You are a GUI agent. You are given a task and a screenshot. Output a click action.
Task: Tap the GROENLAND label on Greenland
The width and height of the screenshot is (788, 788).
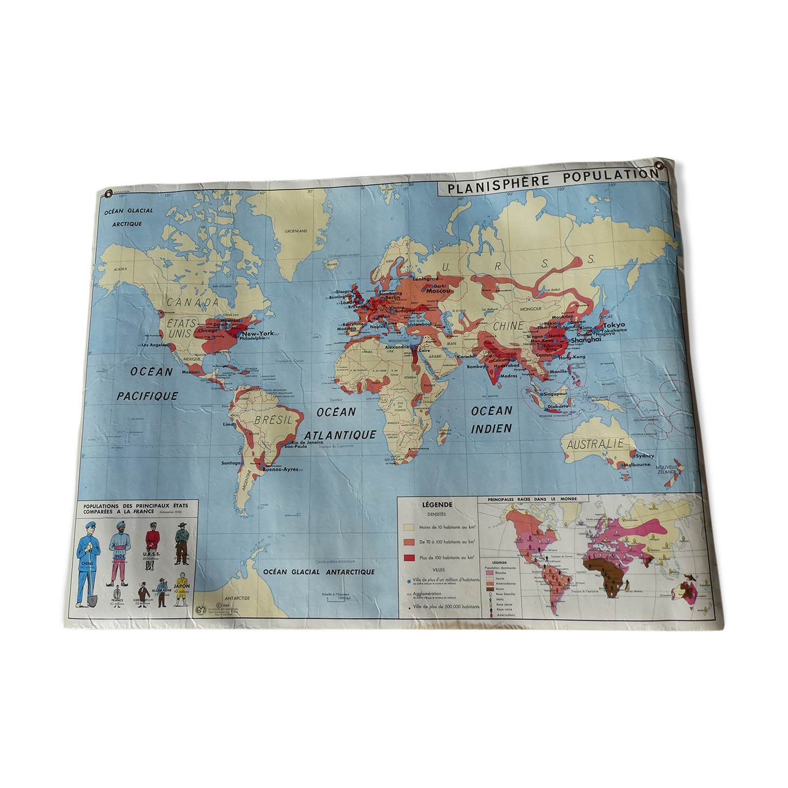[296, 231]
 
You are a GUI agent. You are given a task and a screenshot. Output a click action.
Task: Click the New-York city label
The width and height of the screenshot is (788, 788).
[258, 333]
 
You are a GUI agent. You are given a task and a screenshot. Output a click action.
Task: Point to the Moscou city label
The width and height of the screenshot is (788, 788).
[438, 291]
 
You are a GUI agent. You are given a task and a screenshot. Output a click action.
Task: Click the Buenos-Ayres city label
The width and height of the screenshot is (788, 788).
[280, 469]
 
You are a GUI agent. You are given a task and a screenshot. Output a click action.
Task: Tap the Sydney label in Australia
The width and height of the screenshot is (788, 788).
[645, 456]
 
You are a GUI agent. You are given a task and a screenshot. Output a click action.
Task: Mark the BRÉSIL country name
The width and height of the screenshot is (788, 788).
[273, 420]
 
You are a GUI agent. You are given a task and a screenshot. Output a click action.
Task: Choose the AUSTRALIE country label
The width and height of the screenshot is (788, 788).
[595, 445]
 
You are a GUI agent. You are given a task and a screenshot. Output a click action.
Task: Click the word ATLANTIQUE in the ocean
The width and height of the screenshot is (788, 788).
[340, 435]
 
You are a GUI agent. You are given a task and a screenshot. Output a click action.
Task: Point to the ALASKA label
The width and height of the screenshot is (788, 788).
[120, 269]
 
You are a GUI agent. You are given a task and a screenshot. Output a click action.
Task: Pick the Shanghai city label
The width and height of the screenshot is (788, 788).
[585, 340]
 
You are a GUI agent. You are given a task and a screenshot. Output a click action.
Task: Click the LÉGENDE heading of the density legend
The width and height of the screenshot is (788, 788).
[437, 505]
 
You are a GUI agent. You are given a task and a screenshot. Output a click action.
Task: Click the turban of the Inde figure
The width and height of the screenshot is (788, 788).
[120, 524]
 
